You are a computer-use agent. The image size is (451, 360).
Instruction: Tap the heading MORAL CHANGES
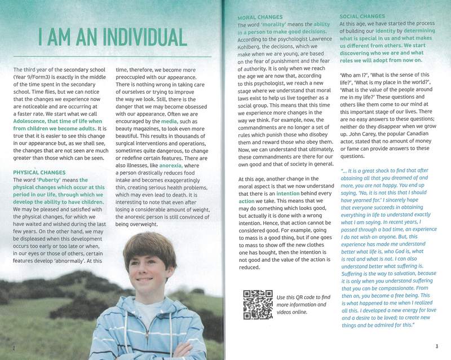click(260, 17)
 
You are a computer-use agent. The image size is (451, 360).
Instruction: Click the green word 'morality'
click(275, 25)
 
